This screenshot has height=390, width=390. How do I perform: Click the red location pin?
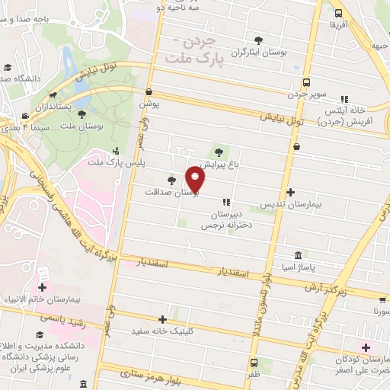point(197,180)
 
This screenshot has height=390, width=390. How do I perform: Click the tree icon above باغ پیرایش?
point(222,151)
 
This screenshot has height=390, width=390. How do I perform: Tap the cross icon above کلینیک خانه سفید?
point(162,319)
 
